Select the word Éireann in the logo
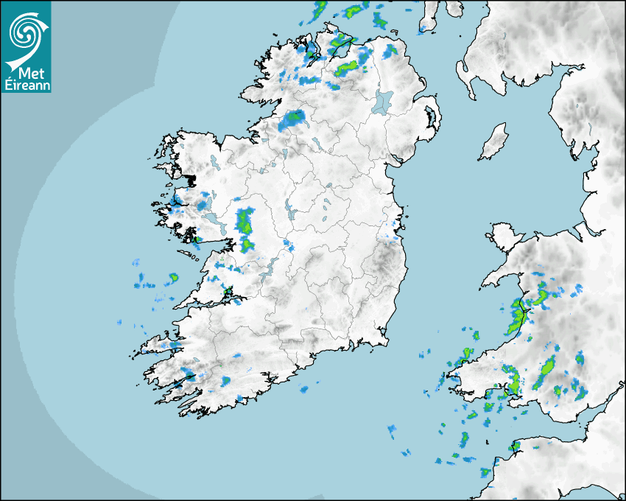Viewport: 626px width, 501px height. coord(27,85)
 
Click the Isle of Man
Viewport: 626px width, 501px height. coord(494,142)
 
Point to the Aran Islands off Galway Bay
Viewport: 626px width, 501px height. coord(189,256)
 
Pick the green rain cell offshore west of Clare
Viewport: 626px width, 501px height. coord(173,278)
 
